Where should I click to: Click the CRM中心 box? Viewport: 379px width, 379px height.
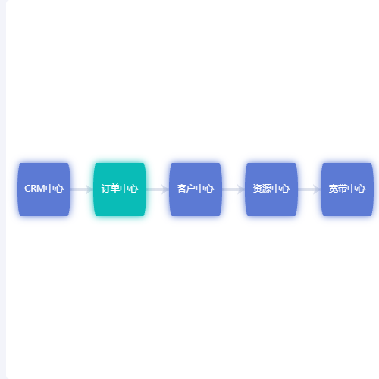coord(44,189)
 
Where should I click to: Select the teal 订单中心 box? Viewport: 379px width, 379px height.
coord(120,189)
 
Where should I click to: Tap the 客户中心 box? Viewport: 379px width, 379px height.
coord(196,189)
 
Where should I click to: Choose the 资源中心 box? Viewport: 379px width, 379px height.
coord(271,189)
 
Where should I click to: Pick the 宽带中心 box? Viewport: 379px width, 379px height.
coord(347,189)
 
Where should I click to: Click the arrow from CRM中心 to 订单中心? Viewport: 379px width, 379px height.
coord(82,189)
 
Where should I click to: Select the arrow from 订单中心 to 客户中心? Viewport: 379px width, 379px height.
coord(158,189)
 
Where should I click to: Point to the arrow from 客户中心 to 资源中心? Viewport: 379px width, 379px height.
coord(233,189)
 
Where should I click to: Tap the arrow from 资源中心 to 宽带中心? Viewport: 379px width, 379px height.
coord(309,189)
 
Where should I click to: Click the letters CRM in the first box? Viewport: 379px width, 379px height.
coord(35,189)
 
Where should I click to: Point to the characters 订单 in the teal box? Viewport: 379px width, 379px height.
coord(111,189)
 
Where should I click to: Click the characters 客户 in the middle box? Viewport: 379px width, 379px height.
coord(186,189)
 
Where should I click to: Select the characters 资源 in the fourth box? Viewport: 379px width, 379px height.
coord(262,189)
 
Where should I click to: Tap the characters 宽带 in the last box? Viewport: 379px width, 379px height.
coord(338,189)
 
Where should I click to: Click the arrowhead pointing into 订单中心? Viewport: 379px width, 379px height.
coord(89,189)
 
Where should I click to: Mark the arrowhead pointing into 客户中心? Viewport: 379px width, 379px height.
coord(165,189)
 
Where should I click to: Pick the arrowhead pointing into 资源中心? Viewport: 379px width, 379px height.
coord(241,189)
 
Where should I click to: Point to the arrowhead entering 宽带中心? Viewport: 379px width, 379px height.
coord(317,189)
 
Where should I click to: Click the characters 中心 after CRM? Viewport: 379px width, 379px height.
coord(55,189)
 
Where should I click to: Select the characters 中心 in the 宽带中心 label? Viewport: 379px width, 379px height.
coord(356,189)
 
